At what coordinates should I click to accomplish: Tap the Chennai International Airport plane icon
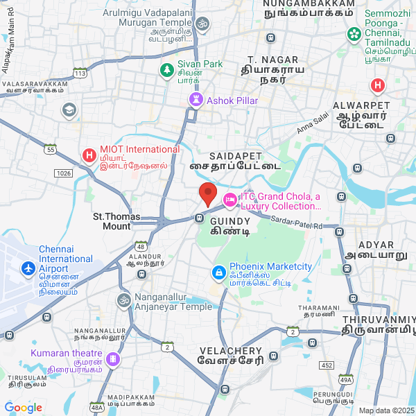pos(28,268)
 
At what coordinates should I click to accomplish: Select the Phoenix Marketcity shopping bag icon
pos(219,273)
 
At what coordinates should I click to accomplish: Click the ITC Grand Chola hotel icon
pos(229,201)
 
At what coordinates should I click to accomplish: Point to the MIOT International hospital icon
pos(89,155)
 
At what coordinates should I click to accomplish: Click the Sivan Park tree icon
pos(167,69)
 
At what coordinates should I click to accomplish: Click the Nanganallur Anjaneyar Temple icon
pos(123,301)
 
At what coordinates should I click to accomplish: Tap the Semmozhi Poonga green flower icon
pos(354,33)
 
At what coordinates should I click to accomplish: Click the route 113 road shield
pos(80,73)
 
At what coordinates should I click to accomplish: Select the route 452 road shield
pos(327,365)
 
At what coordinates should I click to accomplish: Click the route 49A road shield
pos(346,379)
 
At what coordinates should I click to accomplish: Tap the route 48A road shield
pos(96,408)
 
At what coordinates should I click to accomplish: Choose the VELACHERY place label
pos(230,351)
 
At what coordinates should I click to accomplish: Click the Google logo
pos(23,408)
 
